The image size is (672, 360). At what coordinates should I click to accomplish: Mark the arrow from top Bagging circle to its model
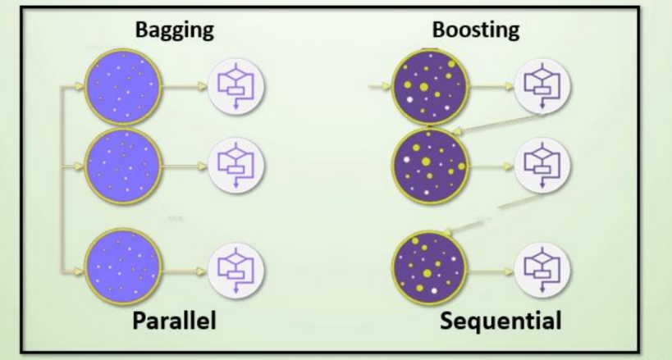[x=190, y=84]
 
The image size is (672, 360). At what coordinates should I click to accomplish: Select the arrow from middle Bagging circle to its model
[x=190, y=165]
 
